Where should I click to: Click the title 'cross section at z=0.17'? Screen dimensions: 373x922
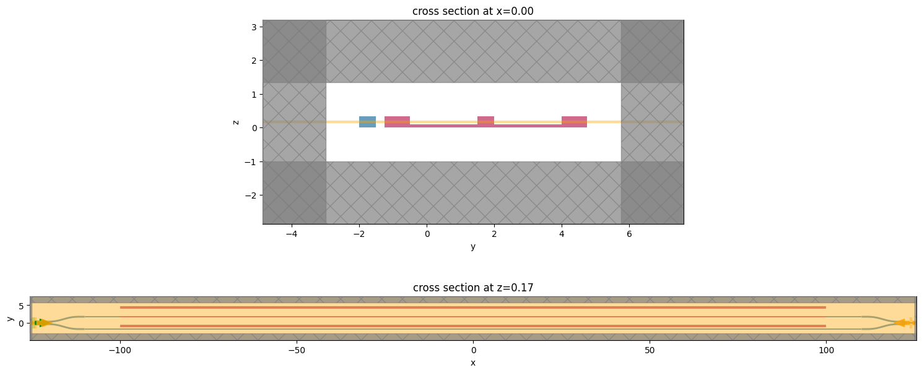[473, 287]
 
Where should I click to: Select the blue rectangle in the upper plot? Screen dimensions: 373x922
[367, 122]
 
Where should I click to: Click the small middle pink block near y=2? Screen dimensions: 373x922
[485, 121]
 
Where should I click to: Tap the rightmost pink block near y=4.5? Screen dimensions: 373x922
[574, 122]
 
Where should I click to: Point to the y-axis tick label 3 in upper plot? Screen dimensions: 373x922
[254, 27]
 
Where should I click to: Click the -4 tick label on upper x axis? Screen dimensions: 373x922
[292, 234]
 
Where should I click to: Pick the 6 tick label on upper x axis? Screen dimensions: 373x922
[629, 234]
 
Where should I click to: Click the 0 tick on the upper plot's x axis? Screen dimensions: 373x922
[427, 234]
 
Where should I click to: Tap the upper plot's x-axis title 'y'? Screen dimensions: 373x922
[473, 246]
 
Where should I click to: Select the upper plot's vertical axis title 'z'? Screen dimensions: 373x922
[235, 122]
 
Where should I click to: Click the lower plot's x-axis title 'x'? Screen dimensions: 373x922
[473, 362]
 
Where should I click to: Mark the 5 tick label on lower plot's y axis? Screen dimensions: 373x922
[20, 306]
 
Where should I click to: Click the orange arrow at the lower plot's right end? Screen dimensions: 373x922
[903, 323]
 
